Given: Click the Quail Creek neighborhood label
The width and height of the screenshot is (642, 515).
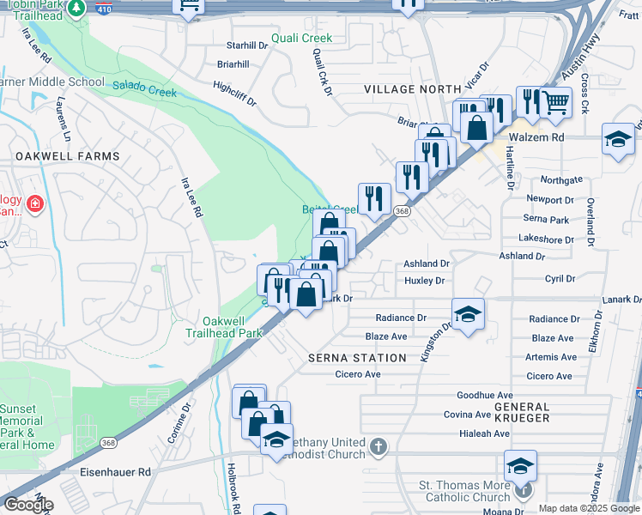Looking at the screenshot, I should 301,39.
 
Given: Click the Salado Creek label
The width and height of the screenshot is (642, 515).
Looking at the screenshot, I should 144,87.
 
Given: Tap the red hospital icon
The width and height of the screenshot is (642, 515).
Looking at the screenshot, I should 34,203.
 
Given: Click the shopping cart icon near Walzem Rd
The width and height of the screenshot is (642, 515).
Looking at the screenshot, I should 556,103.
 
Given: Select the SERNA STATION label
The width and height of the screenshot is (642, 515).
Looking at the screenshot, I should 357,358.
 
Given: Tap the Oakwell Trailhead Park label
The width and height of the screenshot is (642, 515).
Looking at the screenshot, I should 225,327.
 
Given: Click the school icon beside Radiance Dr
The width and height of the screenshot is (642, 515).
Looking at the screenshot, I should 468,314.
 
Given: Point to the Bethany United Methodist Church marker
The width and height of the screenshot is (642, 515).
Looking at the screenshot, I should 378,446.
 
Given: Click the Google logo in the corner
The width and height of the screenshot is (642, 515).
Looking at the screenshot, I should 27,505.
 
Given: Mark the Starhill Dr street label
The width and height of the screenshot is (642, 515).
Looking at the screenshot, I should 247,45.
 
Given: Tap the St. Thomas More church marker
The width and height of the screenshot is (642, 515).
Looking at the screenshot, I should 525,491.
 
